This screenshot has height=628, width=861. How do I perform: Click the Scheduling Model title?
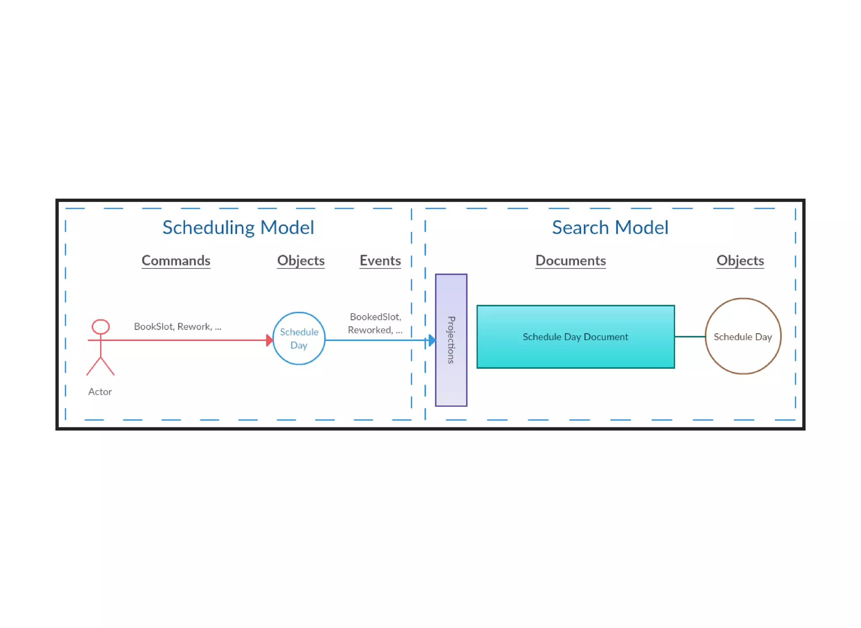(x=238, y=228)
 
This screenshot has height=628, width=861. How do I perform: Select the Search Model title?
(x=610, y=228)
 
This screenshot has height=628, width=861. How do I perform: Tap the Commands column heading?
(x=176, y=261)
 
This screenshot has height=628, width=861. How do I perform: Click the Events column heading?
(x=380, y=261)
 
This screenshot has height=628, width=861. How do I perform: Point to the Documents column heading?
(x=570, y=261)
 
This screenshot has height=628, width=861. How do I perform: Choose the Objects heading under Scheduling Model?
(x=301, y=261)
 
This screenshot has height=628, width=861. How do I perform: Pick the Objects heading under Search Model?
(x=740, y=261)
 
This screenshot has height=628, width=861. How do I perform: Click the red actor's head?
(x=101, y=327)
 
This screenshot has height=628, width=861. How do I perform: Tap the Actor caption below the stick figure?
(x=100, y=392)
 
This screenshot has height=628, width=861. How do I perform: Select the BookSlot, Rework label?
(x=177, y=327)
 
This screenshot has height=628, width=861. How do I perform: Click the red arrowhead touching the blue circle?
(x=269, y=340)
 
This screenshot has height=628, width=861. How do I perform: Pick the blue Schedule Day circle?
(x=299, y=338)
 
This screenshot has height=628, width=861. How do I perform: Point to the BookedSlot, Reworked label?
(x=375, y=323)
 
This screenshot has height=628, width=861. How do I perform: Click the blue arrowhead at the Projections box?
(x=432, y=340)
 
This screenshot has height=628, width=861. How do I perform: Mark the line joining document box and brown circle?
(x=690, y=337)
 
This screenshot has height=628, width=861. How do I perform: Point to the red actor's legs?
(x=100, y=366)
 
